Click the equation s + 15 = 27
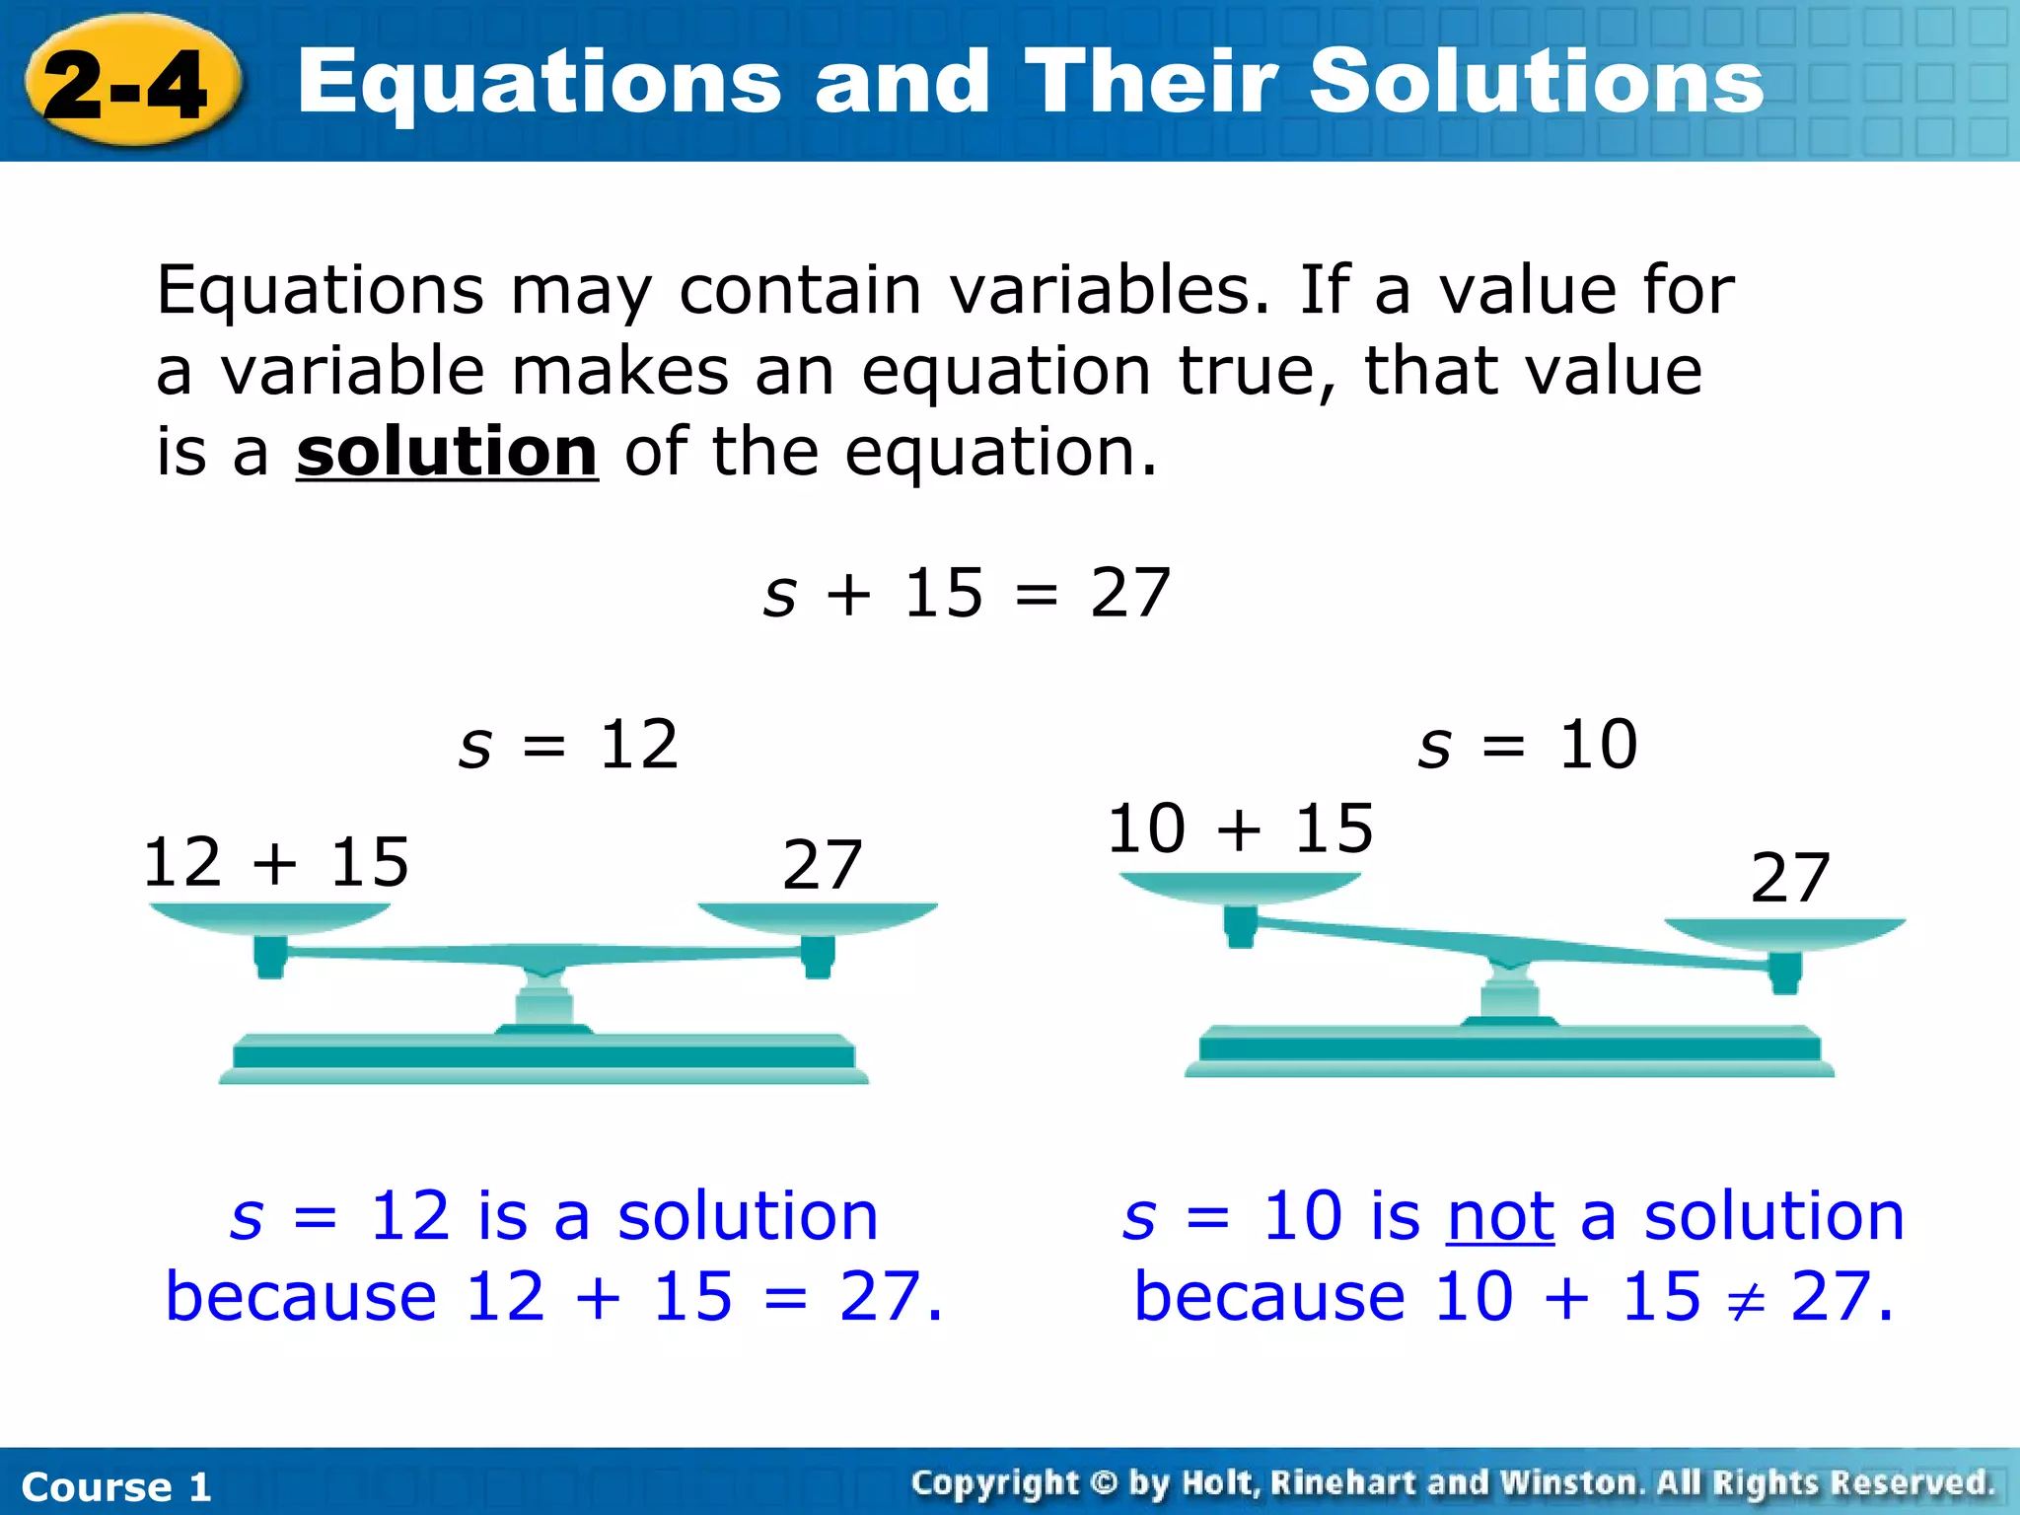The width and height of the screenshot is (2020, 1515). (x=967, y=594)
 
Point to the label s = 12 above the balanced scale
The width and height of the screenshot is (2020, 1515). (x=569, y=745)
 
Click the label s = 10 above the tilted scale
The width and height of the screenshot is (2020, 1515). (x=1528, y=745)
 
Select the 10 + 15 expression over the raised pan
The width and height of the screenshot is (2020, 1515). (x=1240, y=829)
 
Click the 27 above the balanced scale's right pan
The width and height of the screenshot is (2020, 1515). (x=822, y=866)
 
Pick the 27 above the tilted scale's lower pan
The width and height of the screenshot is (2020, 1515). (x=1790, y=878)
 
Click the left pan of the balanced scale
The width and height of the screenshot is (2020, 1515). (x=269, y=918)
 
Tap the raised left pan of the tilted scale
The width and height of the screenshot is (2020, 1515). (x=1240, y=888)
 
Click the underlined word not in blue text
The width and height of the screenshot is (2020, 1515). (x=1500, y=1216)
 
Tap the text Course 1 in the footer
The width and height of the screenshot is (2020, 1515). (x=116, y=1486)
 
